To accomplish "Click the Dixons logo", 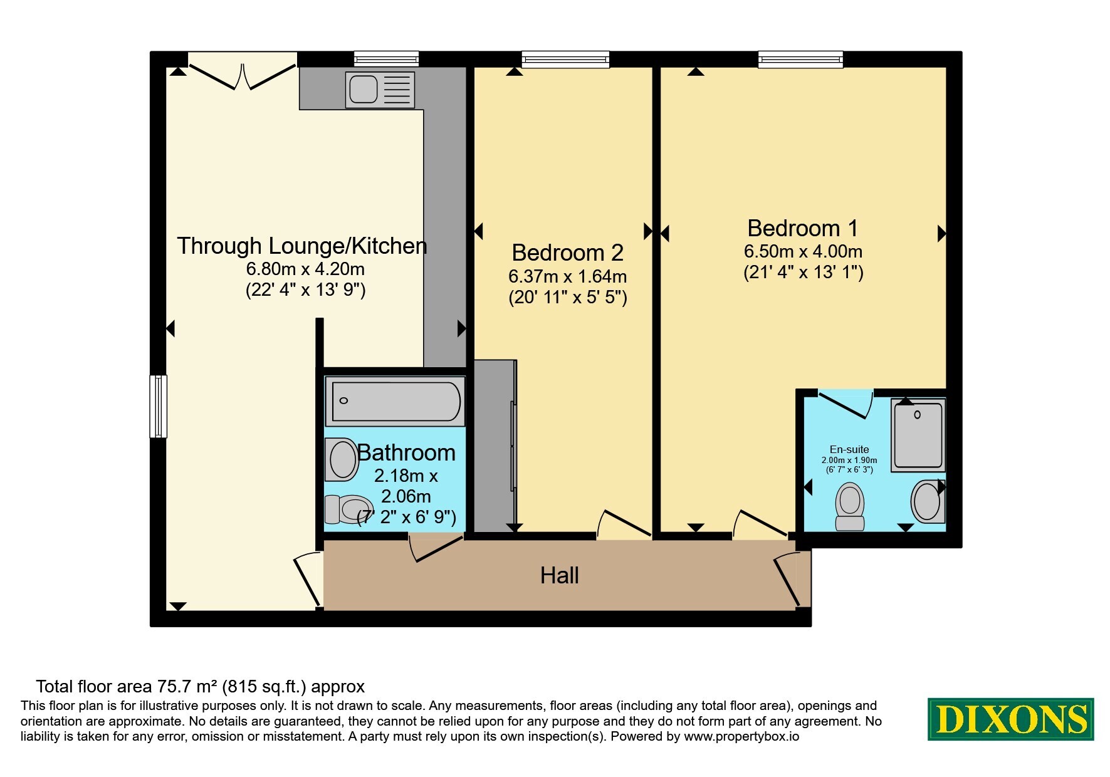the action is (x=1010, y=719).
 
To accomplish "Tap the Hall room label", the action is (x=559, y=575).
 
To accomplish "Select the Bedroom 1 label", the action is (x=802, y=228).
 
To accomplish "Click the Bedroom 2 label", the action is (x=567, y=253).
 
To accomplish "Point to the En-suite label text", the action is (x=849, y=449).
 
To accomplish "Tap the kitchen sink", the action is (x=380, y=89).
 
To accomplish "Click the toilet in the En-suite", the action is (x=850, y=506).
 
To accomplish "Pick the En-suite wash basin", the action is (x=928, y=501).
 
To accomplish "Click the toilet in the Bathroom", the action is (x=347, y=509).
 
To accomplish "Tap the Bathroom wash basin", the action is (x=342, y=459).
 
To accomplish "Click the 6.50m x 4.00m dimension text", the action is (x=803, y=252).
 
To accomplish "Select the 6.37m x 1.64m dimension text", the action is (x=567, y=276).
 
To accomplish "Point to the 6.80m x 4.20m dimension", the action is (x=305, y=269).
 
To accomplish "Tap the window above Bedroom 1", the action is (x=800, y=60).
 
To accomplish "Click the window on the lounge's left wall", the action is (x=158, y=406).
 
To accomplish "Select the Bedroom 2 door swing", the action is (x=624, y=524).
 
